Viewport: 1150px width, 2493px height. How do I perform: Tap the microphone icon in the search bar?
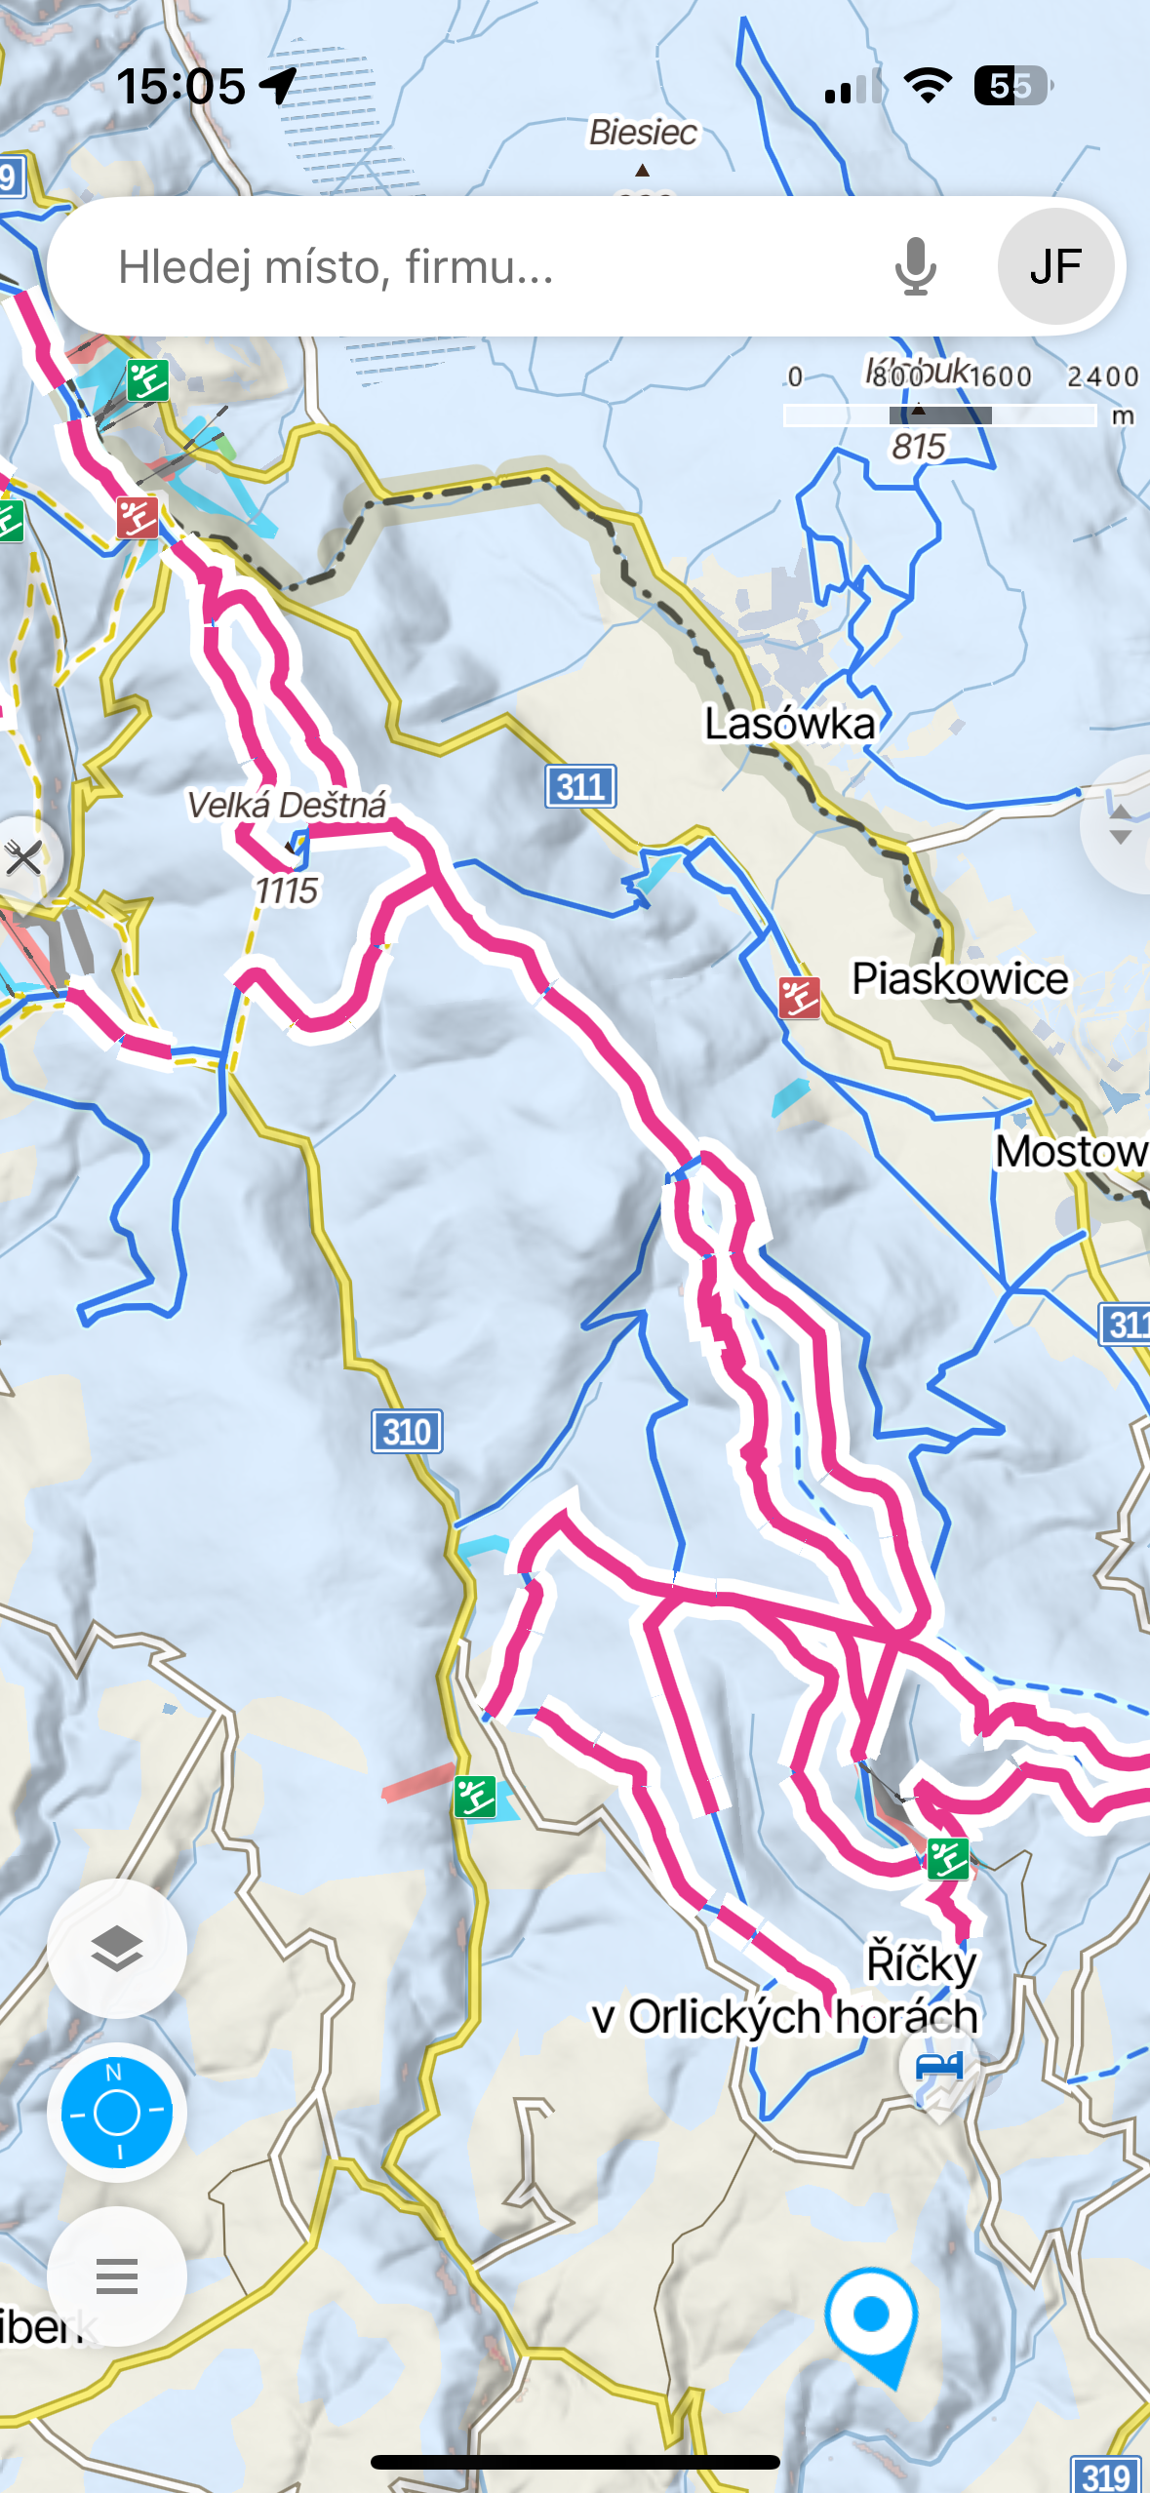coord(915,266)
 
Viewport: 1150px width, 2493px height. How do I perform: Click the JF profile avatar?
coord(1055,266)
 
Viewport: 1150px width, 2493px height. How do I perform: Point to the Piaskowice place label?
coord(960,979)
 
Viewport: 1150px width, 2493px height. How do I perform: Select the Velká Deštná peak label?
coord(287,806)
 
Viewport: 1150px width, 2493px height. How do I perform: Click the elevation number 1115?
coord(286,890)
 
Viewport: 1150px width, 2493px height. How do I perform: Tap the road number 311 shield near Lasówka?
coord(580,786)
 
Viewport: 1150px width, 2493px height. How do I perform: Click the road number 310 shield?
coord(407,1432)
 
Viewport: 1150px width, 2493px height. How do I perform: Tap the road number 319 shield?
coord(1106,2475)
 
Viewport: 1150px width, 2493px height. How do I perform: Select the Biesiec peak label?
coord(643,133)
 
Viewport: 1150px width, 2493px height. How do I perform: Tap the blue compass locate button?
coord(117,2112)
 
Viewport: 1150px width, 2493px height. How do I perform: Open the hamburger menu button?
coord(117,2275)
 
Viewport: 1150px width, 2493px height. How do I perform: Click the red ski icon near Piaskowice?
coord(799,998)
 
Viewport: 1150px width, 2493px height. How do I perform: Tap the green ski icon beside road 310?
coord(475,1797)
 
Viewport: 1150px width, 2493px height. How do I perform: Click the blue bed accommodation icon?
coord(938,2066)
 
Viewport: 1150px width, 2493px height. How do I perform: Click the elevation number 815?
coord(918,447)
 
